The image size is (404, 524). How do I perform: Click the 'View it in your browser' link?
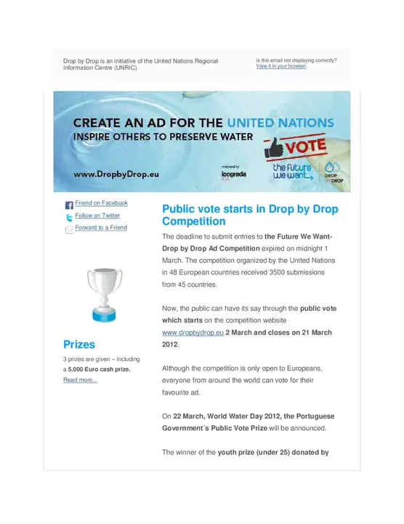(281, 66)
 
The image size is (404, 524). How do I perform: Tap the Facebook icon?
(69, 205)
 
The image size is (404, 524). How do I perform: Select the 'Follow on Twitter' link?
(97, 215)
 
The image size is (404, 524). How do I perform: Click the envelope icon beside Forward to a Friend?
(69, 229)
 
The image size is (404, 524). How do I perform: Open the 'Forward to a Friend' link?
(101, 228)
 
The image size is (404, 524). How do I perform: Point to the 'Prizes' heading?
(79, 344)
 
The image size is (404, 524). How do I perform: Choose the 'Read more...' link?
(80, 380)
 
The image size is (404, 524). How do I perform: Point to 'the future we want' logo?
(291, 172)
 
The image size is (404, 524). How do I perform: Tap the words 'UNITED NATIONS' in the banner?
(280, 122)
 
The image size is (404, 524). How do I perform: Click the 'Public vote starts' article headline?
(249, 215)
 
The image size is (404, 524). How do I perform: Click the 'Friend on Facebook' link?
(101, 203)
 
